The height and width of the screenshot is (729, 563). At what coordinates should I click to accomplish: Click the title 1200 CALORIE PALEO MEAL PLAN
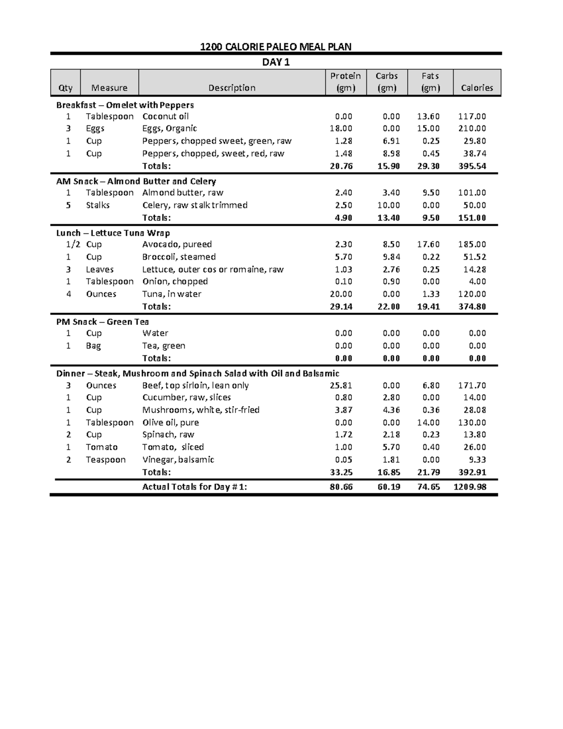(x=275, y=46)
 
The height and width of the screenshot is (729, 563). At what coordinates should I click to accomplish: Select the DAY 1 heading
(x=276, y=62)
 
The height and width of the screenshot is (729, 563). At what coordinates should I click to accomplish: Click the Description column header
(x=232, y=88)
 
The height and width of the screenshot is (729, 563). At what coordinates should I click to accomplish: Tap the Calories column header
(x=477, y=88)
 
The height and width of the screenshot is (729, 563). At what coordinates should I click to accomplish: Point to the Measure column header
(x=109, y=88)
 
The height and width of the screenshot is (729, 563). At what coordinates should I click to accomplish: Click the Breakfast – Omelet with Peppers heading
(x=125, y=105)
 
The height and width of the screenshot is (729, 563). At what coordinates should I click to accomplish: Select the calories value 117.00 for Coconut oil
(x=472, y=116)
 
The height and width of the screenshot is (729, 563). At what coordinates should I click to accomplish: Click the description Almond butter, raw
(x=183, y=192)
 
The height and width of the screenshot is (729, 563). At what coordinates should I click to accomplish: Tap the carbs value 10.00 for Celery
(x=388, y=205)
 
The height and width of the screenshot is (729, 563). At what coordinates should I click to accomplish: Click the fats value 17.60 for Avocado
(x=428, y=244)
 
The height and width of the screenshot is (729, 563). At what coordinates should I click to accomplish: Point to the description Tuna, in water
(x=172, y=294)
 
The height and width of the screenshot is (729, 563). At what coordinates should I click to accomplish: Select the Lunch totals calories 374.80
(x=472, y=307)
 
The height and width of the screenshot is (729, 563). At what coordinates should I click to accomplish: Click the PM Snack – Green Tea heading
(x=102, y=322)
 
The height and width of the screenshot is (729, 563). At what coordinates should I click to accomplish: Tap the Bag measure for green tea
(x=93, y=345)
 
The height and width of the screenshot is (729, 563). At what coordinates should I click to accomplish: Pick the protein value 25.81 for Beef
(x=341, y=385)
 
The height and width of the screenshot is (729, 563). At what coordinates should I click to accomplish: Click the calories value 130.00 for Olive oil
(x=472, y=422)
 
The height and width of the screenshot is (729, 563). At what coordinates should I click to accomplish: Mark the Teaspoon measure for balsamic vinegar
(x=106, y=460)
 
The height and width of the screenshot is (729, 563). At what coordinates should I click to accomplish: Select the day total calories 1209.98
(x=470, y=487)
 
